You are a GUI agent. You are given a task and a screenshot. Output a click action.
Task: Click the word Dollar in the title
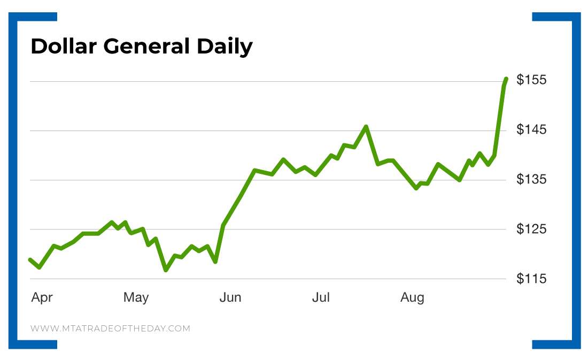point(64,47)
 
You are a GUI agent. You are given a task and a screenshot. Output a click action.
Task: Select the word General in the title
point(146,47)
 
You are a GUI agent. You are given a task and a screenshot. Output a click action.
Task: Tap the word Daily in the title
point(225,47)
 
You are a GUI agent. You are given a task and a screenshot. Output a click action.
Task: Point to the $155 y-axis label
point(532,80)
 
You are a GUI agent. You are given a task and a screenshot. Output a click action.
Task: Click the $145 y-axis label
point(532,130)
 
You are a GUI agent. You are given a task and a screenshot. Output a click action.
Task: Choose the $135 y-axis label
point(532,179)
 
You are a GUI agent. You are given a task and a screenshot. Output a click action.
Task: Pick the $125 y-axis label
point(532,229)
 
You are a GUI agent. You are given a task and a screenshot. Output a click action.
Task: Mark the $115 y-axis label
point(532,279)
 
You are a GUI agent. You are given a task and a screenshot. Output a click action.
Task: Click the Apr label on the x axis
point(42,298)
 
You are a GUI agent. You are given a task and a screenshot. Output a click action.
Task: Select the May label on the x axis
point(136,297)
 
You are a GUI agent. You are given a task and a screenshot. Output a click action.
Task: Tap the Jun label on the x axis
point(230,297)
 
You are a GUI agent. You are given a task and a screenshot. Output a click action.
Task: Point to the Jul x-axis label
point(321,297)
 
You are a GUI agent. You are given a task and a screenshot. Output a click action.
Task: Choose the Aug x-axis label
point(412,298)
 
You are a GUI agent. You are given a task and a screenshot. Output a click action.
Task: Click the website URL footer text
point(110,328)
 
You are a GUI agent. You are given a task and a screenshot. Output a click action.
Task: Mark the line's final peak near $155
point(506,79)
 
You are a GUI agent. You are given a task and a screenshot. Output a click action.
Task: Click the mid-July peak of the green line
point(366,127)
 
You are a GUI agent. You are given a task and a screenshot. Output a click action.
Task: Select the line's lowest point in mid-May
point(166,270)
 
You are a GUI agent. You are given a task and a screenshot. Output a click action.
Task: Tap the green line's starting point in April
point(30,259)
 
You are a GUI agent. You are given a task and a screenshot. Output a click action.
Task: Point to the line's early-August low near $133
point(416,188)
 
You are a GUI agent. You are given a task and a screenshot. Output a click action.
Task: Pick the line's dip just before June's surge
point(215,262)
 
